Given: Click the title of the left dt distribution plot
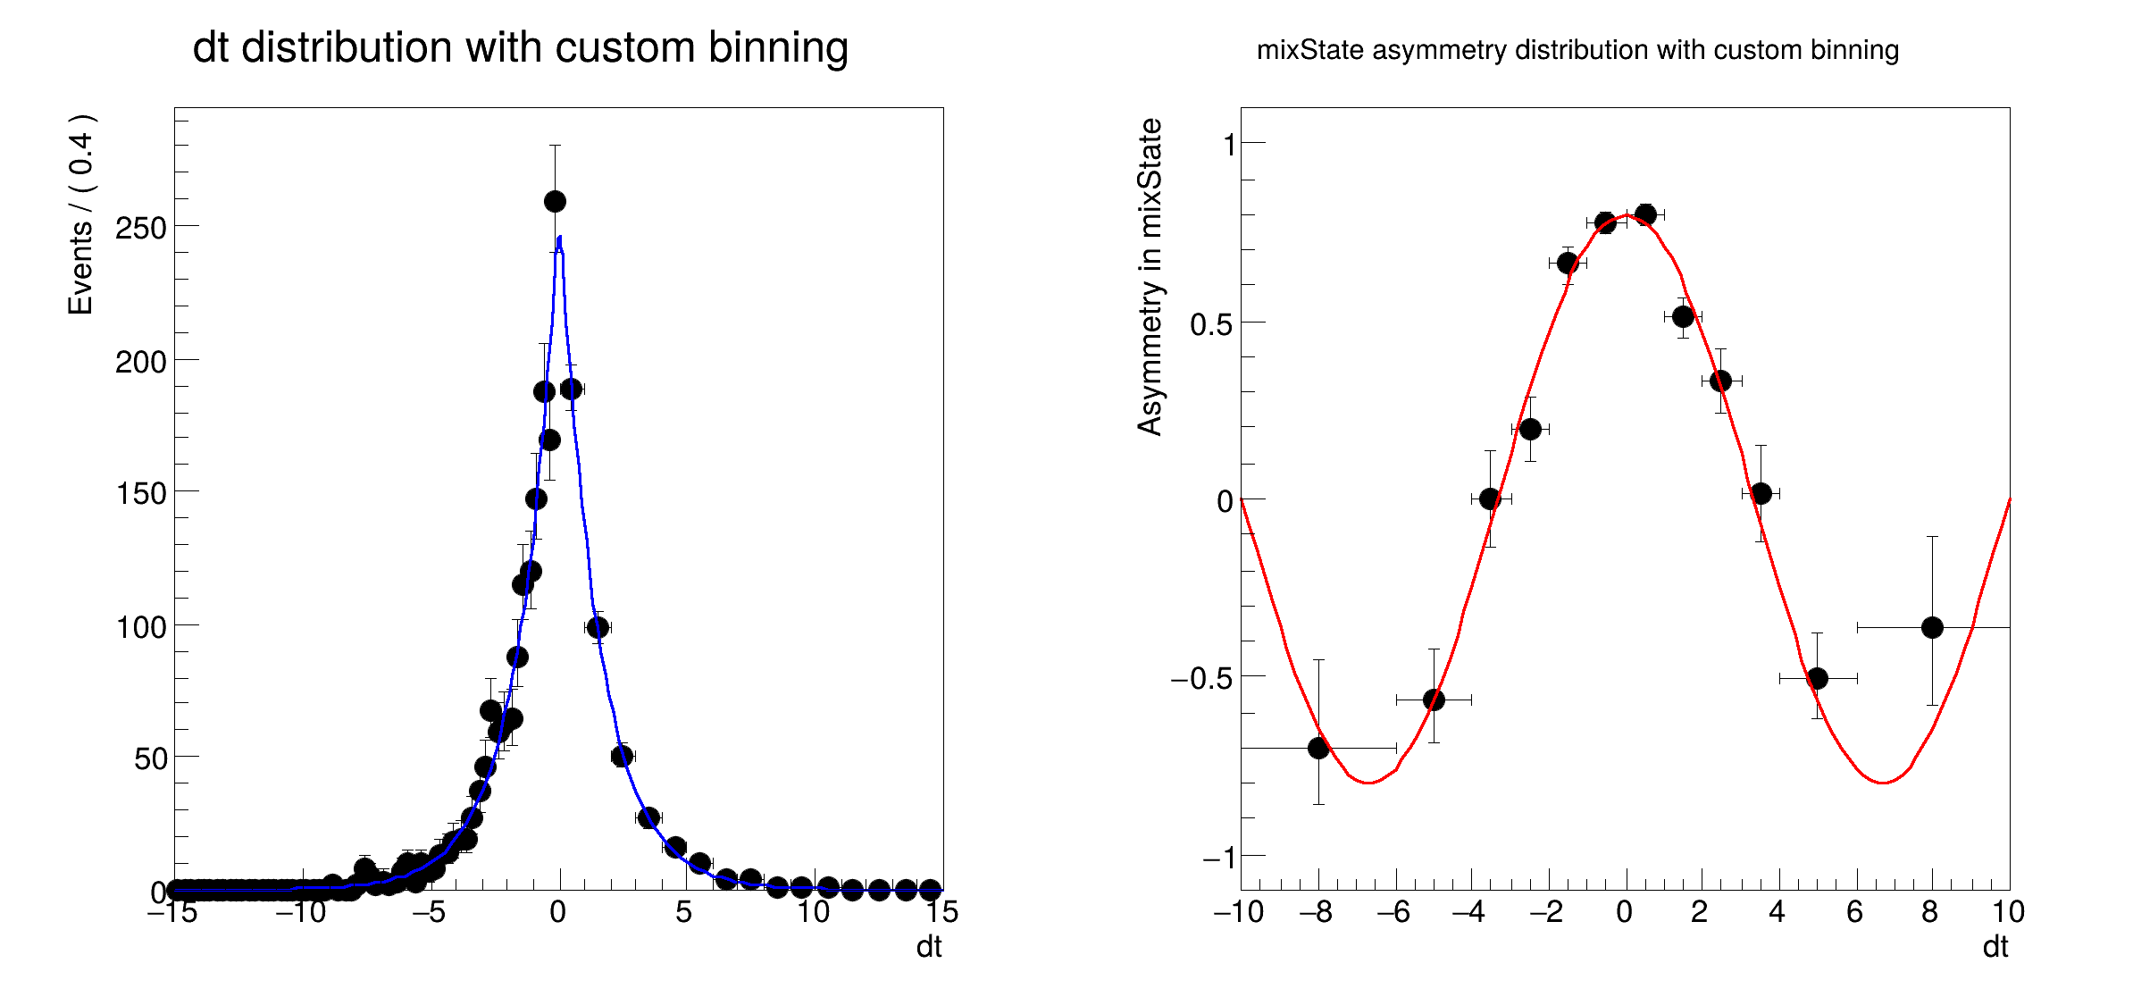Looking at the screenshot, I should click(x=520, y=47).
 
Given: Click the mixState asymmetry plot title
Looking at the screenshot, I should click(x=1577, y=50).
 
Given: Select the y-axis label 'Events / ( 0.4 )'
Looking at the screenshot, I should click(x=81, y=214).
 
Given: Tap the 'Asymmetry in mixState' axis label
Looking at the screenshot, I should click(x=1150, y=277).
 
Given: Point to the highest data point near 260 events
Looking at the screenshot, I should click(x=555, y=201).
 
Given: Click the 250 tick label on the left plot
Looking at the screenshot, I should click(x=141, y=229).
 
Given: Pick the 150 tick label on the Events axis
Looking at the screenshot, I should click(x=141, y=494).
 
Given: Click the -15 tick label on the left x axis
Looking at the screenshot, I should click(x=171, y=912).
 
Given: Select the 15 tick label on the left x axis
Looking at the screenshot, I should click(x=941, y=912).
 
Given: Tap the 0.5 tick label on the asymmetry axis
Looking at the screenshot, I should click(x=1211, y=324).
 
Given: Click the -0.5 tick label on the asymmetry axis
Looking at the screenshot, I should click(x=1201, y=679).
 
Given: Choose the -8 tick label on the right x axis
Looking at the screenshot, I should click(x=1315, y=912).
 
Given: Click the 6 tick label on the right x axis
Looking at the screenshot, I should click(x=1855, y=912).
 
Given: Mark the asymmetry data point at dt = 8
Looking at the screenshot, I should click(x=1932, y=627).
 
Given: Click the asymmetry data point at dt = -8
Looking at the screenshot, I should click(x=1318, y=748).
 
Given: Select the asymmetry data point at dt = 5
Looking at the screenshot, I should click(x=1817, y=678).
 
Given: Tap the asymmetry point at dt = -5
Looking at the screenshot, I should click(x=1434, y=700).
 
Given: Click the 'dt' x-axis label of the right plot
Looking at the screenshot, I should click(x=1995, y=947).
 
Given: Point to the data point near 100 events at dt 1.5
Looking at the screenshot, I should click(x=598, y=627).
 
